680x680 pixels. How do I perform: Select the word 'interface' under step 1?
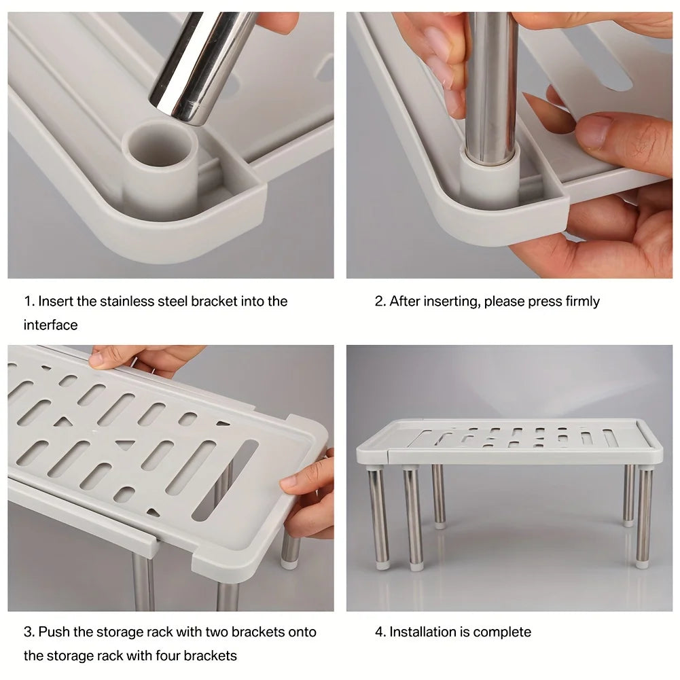[x=50, y=325]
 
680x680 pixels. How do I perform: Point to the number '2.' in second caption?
[x=380, y=301]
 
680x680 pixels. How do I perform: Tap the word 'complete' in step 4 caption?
[x=502, y=632]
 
